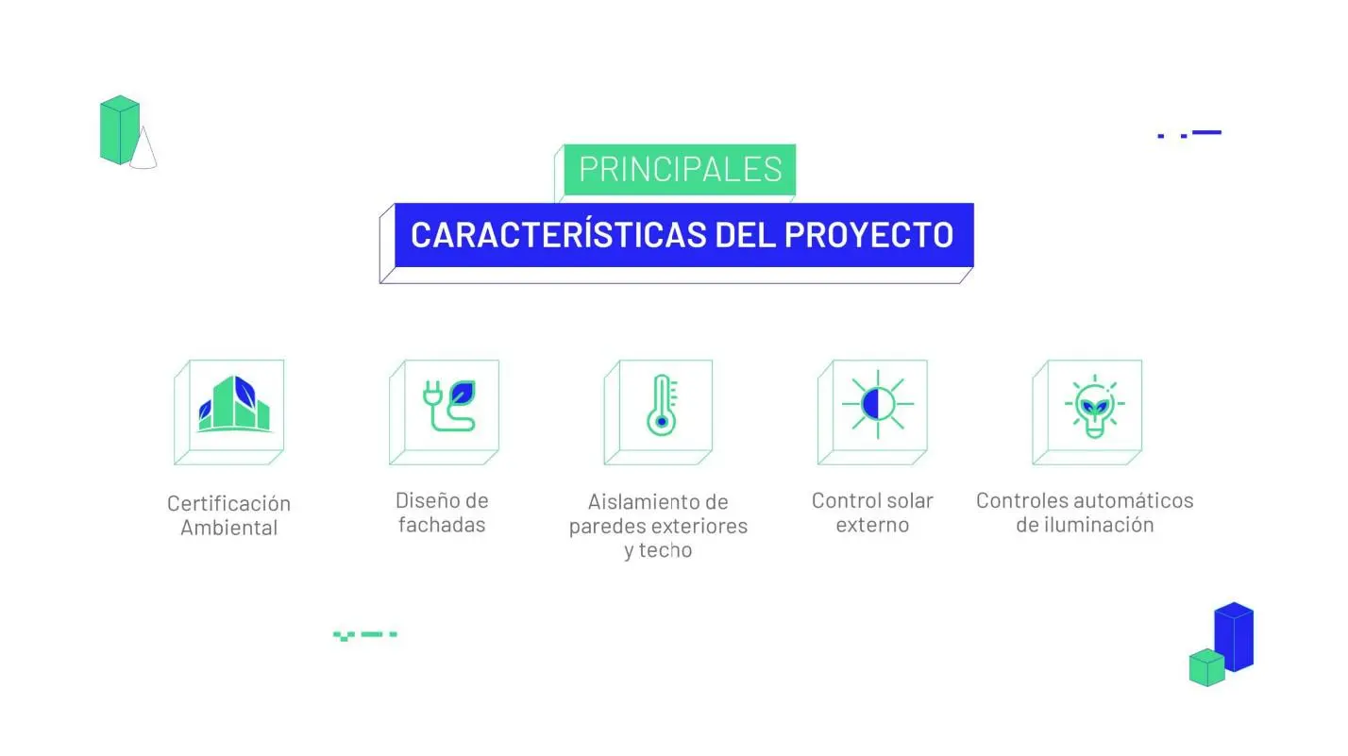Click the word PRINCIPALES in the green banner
[x=680, y=169]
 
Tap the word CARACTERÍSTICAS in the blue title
[x=559, y=235]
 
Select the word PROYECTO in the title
[x=868, y=235]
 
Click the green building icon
[x=235, y=404]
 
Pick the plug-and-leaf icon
[x=449, y=405]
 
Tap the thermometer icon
[x=662, y=405]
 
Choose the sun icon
[x=877, y=404]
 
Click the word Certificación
[x=228, y=503]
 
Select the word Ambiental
[x=228, y=528]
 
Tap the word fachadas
[x=442, y=525]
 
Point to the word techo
[x=665, y=550]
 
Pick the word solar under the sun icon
[x=908, y=500]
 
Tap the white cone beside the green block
[x=143, y=148]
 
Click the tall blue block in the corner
[x=1234, y=636]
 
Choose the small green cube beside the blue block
[x=1206, y=667]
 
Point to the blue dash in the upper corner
[x=1206, y=132]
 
